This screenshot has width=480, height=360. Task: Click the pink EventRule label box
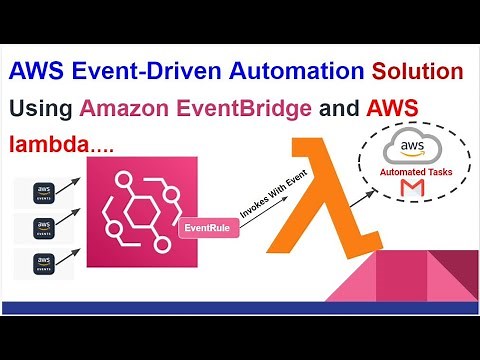(x=205, y=228)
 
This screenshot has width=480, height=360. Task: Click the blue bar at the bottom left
(x=100, y=295)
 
